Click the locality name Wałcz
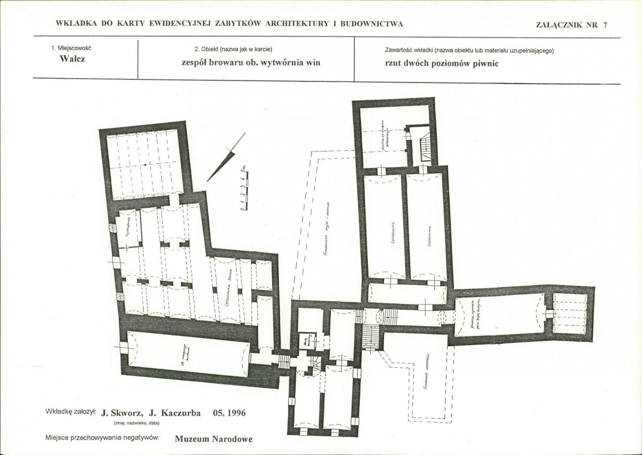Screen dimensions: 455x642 [72, 59]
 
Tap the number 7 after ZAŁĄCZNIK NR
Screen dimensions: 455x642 [605, 24]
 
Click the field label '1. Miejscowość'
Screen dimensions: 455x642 [71, 48]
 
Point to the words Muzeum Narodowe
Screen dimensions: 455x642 [213, 438]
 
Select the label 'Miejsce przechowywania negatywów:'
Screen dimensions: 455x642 [102, 438]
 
